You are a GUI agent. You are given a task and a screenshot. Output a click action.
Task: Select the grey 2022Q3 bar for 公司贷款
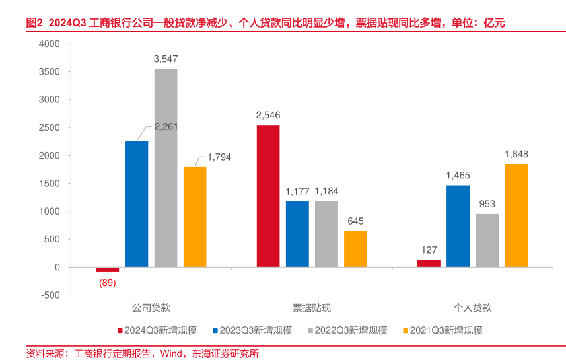coord(166,168)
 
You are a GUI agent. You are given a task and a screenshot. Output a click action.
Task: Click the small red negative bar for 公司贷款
coord(108,270)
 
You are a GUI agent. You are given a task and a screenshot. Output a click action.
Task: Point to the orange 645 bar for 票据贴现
coord(355,249)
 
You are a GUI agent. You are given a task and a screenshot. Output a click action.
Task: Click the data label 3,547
coord(166,59)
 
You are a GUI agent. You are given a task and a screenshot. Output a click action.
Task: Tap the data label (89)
coord(108,283)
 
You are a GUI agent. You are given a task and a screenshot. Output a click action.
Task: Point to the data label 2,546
coord(267,115)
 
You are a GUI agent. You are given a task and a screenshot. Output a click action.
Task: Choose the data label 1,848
coord(516,154)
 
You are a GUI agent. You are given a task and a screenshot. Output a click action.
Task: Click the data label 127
coord(429,250)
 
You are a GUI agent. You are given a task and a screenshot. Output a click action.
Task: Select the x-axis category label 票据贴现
coord(312,308)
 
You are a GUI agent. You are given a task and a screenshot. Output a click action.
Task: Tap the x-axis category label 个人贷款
coord(472,308)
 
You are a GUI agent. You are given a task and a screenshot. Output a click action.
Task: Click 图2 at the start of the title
coord(34,22)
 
